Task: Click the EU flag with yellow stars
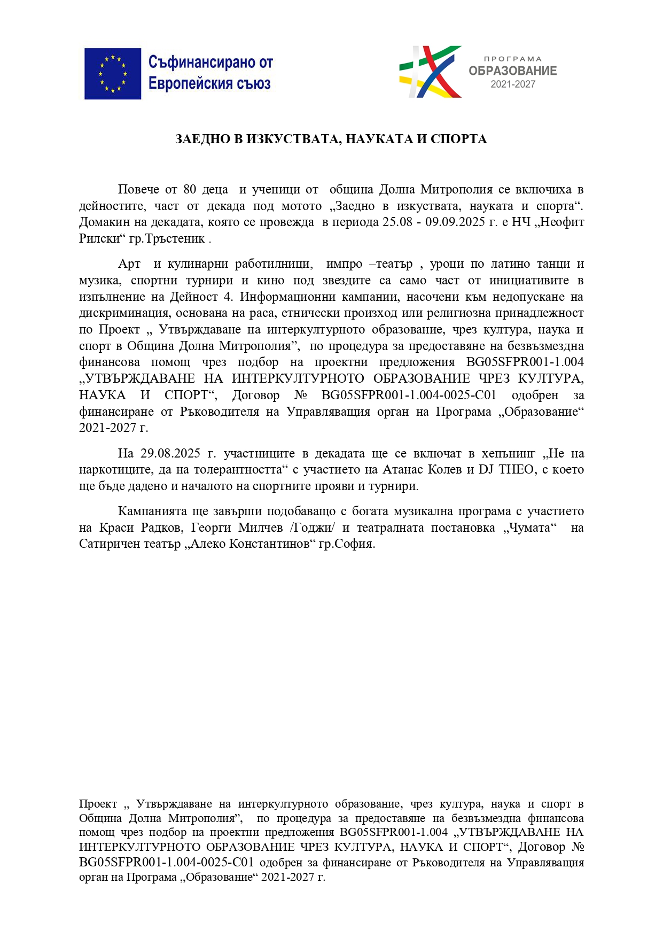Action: pyautogui.click(x=112, y=74)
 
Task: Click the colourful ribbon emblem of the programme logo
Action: pyautogui.click(x=430, y=72)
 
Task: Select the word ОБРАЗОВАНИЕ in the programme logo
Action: pyautogui.click(x=512, y=71)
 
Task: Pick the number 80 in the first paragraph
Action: pyautogui.click(x=190, y=190)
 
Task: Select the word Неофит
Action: pyautogui.click(x=564, y=222)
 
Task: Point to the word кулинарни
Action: pyautogui.click(x=198, y=264)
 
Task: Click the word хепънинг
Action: pyautogui.click(x=508, y=454)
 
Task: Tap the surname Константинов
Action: pyautogui.click(x=270, y=545)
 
